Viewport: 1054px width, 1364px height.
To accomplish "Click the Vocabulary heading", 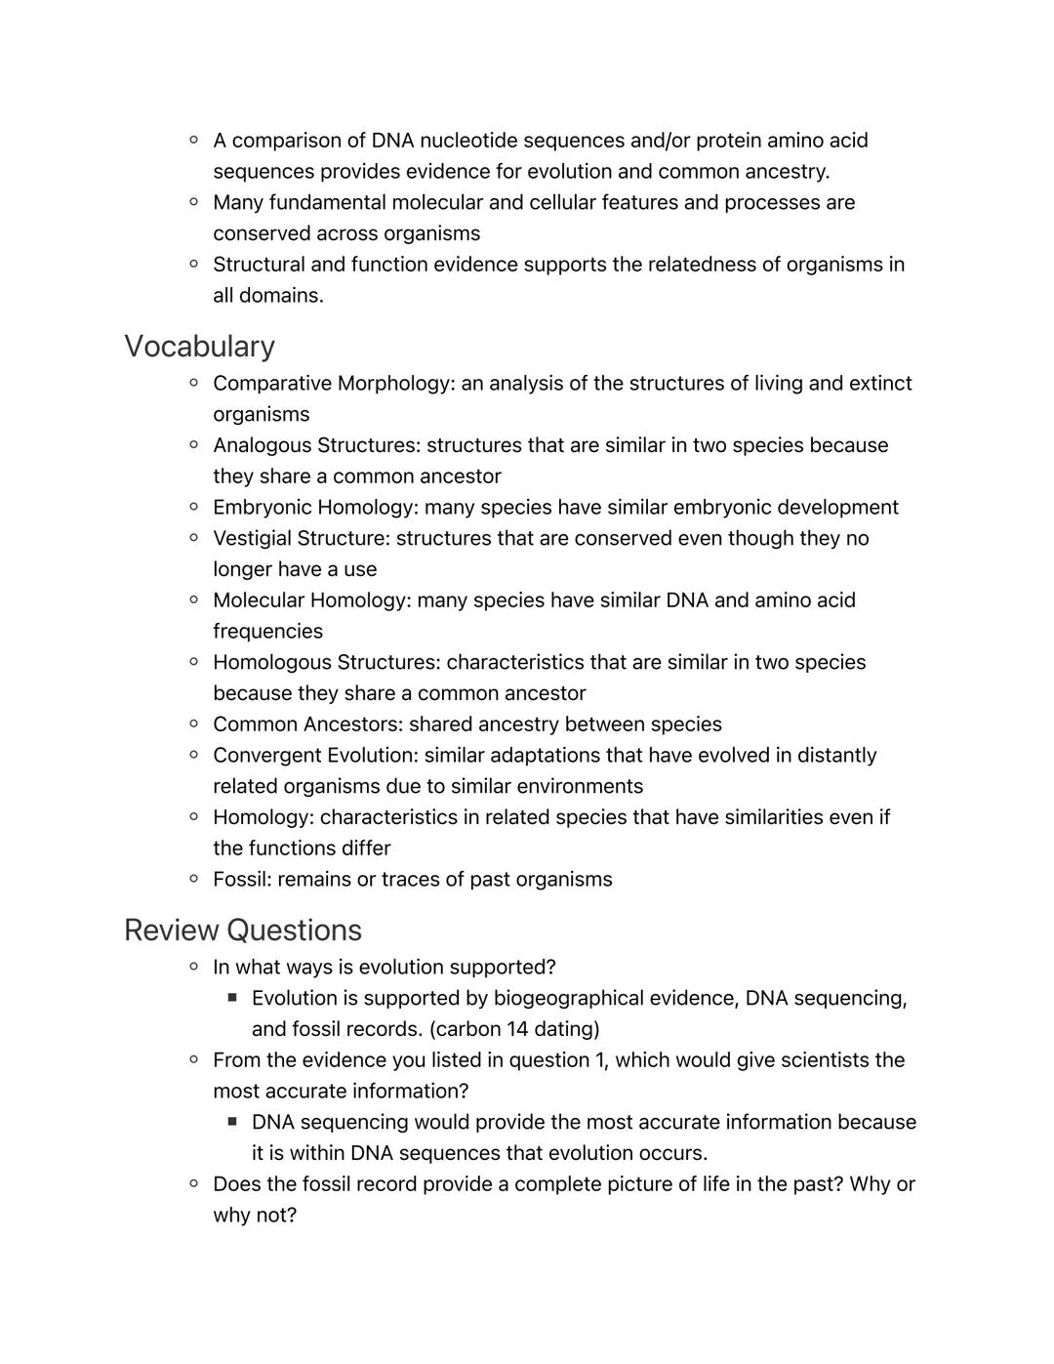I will coord(199,347).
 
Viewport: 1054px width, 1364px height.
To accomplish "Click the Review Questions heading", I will coord(242,930).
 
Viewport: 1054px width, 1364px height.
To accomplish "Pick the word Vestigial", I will coord(252,539).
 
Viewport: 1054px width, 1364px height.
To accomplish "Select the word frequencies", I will coord(267,632).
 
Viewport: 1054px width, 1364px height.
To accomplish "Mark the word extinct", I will coord(876,384).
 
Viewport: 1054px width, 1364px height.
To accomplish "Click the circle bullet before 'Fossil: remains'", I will coord(194,879).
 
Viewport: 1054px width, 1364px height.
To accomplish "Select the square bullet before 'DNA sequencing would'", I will coord(232,1122).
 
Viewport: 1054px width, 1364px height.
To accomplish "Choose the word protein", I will coord(728,141).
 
